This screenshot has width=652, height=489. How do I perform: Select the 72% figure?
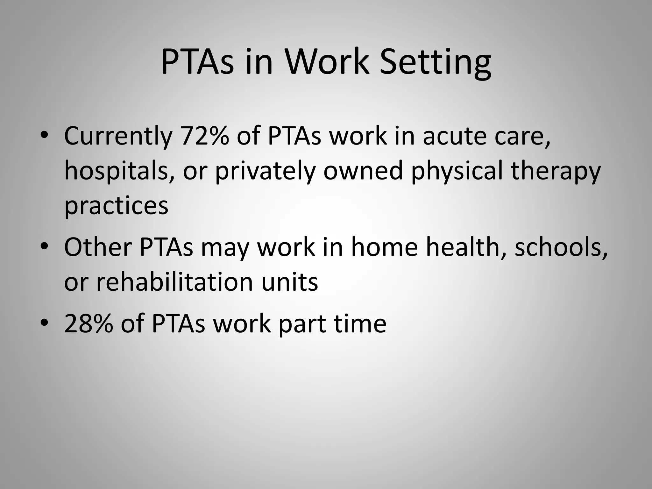coord(204,136)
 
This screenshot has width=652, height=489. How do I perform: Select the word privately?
coord(265,172)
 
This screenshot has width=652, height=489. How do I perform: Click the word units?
coord(290,281)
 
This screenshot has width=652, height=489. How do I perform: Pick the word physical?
coord(457,172)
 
